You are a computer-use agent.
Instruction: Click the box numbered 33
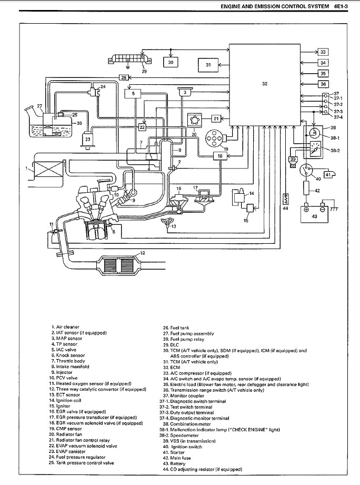(x=323, y=52)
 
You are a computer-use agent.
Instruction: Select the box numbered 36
(x=323, y=84)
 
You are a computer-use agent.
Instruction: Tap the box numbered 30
(x=171, y=62)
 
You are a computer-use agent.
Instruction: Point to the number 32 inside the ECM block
(x=264, y=83)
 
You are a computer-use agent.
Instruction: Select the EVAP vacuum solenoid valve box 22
(x=142, y=127)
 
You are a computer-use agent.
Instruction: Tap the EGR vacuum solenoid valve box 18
(x=220, y=156)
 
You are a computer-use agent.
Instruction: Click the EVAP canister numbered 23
(x=87, y=140)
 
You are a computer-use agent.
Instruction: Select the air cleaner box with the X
(x=42, y=170)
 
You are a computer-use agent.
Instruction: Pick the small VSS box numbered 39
(x=293, y=159)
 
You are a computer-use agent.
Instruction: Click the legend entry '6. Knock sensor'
(x=69, y=355)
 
